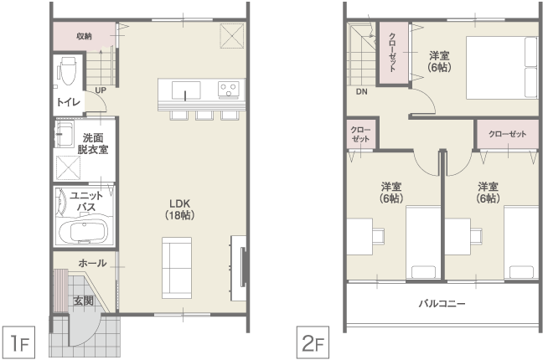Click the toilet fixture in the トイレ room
(68, 70)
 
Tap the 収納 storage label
(84, 36)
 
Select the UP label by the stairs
(101, 90)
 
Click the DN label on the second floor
(361, 92)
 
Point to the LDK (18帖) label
(179, 209)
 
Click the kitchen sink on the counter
(186, 90)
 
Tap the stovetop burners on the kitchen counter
(229, 89)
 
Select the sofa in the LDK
(177, 268)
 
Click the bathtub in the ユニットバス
(84, 231)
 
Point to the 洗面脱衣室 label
(93, 144)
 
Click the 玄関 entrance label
(84, 301)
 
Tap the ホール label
(92, 263)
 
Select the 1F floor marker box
(18, 342)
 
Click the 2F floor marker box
(313, 342)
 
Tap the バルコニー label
(442, 304)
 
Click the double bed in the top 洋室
(502, 67)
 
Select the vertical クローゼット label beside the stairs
(392, 52)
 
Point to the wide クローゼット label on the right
(508, 134)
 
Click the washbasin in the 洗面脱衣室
(65, 134)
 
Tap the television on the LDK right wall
(243, 266)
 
